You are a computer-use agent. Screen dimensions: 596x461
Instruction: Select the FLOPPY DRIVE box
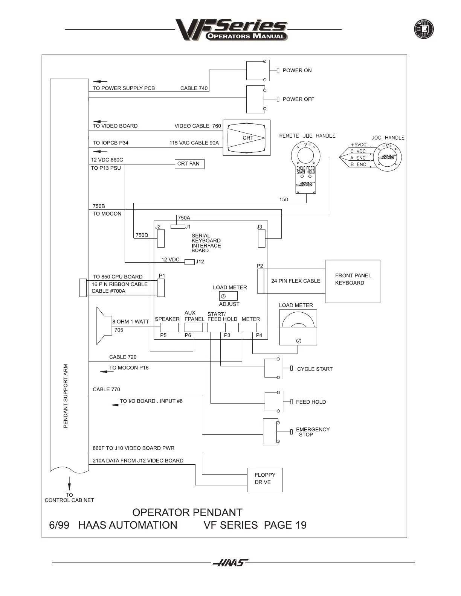(x=264, y=480)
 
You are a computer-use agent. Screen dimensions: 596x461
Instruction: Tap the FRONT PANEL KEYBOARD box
(x=353, y=281)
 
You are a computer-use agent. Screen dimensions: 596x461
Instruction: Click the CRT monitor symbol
(x=247, y=138)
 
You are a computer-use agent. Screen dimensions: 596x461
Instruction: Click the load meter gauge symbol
(x=298, y=327)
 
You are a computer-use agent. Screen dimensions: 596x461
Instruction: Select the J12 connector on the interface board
(x=189, y=262)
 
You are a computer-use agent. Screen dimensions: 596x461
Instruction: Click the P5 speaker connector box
(x=169, y=327)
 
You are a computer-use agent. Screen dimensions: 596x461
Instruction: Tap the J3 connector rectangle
(x=261, y=239)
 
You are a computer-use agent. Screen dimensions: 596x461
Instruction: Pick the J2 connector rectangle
(x=161, y=239)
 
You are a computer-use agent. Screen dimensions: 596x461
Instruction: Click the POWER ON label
(x=297, y=70)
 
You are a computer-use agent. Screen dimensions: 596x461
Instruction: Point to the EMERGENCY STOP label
(x=313, y=432)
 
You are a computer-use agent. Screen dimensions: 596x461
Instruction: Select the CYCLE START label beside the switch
(x=314, y=369)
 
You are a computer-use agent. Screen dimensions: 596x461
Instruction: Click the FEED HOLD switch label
(x=311, y=402)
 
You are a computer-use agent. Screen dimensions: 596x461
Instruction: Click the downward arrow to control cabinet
(x=69, y=483)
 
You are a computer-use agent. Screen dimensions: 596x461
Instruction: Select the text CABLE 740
(x=194, y=88)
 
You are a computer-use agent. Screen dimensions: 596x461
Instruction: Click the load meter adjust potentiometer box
(x=228, y=296)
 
